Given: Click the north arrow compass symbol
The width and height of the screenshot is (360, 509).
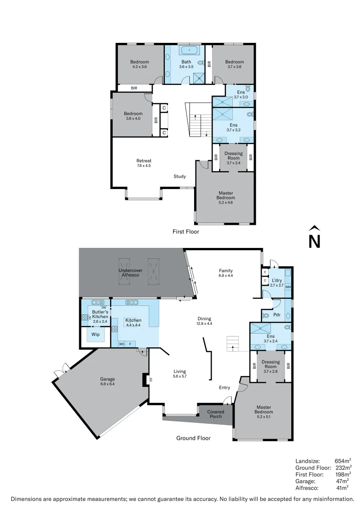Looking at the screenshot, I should coord(314,237).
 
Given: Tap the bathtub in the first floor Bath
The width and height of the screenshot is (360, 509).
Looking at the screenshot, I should coord(189,49).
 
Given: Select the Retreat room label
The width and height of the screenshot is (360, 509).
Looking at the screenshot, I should coord(144,161).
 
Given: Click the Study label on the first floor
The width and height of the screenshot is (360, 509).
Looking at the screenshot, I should coord(180,177).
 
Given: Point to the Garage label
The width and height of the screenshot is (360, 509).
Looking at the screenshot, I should coord(107,379).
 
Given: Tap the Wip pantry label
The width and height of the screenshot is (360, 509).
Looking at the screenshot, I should coord(95,335).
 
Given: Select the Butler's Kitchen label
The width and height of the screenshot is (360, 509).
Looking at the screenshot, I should coord(100,314).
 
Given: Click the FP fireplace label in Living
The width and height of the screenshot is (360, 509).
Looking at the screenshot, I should coord(151,379).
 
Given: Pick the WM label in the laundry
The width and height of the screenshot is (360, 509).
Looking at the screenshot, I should coord(287,287).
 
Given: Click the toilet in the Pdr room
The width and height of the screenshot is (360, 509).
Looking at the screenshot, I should coord(266,315).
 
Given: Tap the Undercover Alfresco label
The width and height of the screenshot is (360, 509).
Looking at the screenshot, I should coord(130,272).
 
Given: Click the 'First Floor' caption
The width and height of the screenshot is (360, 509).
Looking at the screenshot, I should coord(186,231).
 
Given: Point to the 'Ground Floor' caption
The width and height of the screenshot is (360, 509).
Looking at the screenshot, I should coord(193,438).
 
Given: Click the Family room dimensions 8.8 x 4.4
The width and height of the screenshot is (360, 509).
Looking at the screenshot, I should coord(226,275).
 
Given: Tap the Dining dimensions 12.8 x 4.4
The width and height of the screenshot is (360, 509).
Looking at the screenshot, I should coord(204,323).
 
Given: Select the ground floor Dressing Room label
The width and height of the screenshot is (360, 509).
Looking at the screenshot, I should coord(270,364).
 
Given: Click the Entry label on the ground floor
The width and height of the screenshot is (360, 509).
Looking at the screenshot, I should coord(225,387).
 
